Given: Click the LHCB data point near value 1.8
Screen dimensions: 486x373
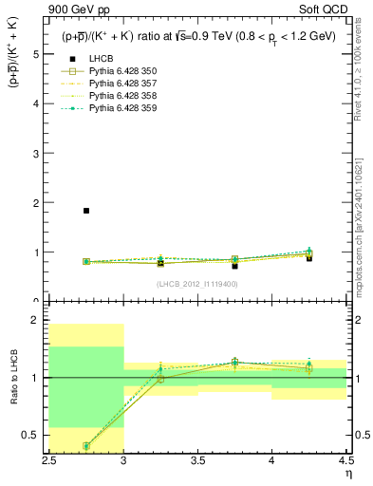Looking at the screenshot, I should point(86,211).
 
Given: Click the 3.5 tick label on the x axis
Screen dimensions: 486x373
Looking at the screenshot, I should point(197,461).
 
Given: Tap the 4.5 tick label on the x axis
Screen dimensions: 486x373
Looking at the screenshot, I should point(345,461).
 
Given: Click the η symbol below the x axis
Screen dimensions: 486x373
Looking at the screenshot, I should point(348,472).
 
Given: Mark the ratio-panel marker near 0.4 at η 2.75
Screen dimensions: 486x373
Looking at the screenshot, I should point(86,445).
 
